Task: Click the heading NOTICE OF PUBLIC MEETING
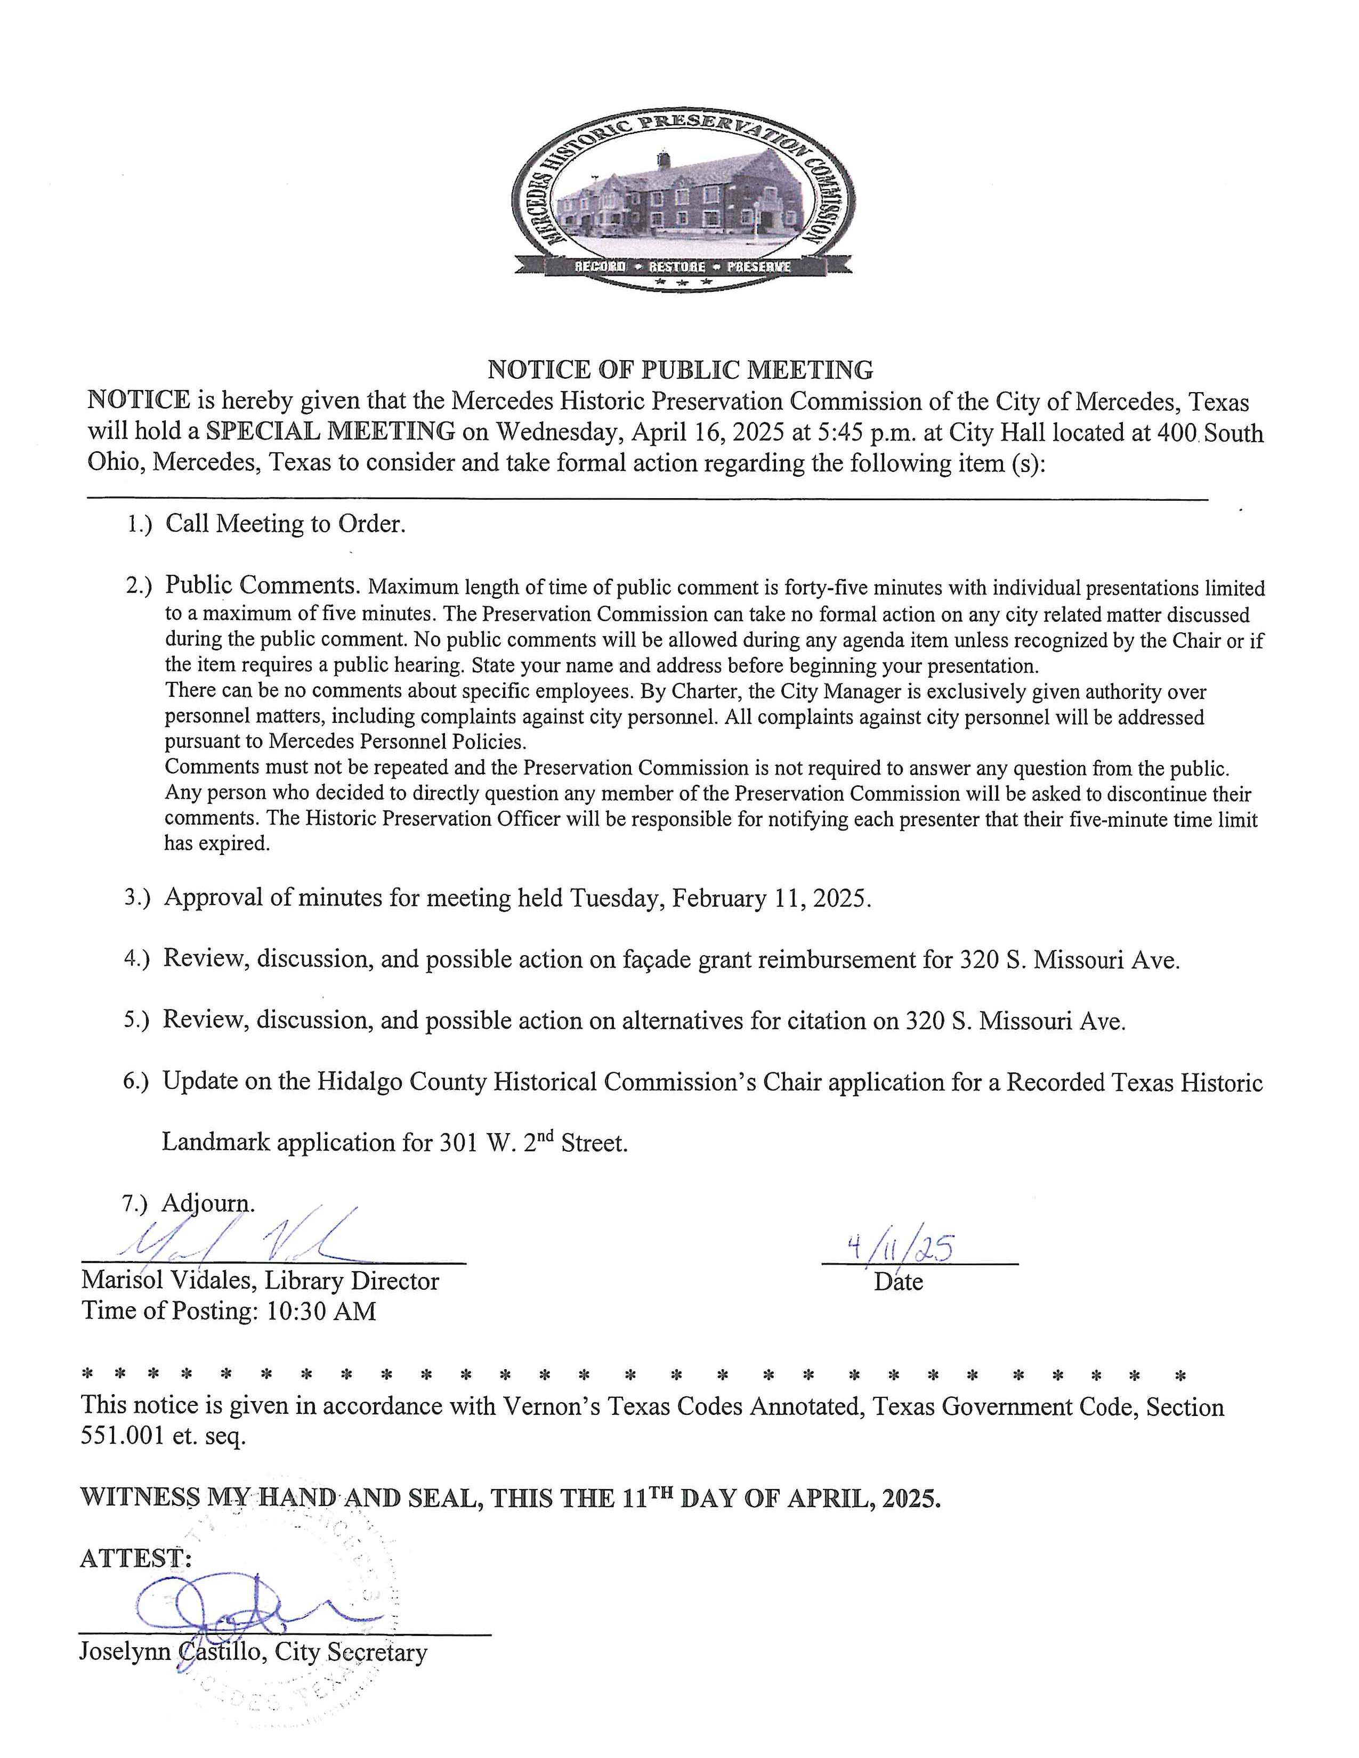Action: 681,370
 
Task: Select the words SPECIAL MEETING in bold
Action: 330,432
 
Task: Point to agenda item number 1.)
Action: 139,525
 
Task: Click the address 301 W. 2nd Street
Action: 533,1143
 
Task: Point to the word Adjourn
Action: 208,1203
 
